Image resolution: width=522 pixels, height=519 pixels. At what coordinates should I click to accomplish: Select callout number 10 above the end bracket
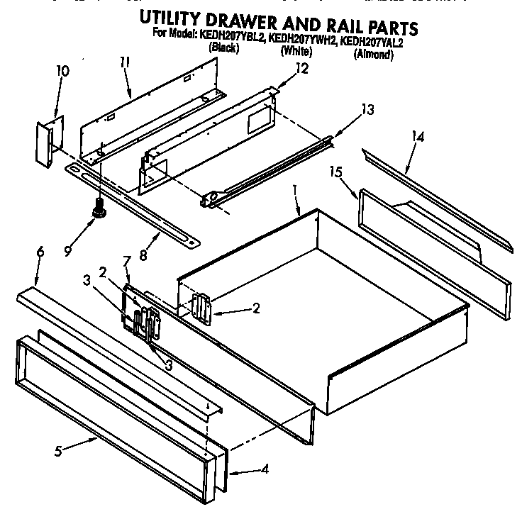(x=62, y=71)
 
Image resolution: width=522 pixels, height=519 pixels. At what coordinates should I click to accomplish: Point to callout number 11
(x=125, y=62)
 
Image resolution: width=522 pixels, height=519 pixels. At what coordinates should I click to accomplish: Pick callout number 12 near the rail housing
(x=301, y=68)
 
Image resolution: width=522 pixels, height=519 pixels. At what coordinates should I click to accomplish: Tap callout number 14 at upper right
(x=418, y=137)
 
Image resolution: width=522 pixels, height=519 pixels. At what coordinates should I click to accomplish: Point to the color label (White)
(x=296, y=52)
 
